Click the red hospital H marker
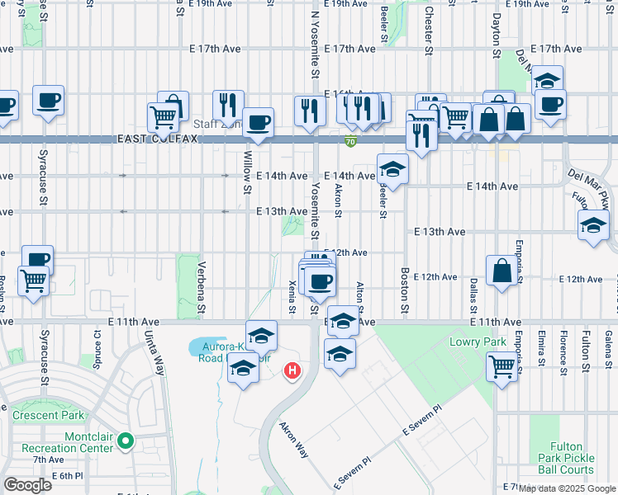click(x=292, y=372)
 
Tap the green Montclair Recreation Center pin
click(x=125, y=441)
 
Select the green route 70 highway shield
click(x=350, y=143)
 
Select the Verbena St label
click(x=202, y=289)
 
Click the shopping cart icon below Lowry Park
click(x=502, y=366)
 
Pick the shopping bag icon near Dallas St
click(x=502, y=271)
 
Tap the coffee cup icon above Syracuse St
click(x=48, y=101)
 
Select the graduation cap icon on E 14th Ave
click(x=392, y=170)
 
